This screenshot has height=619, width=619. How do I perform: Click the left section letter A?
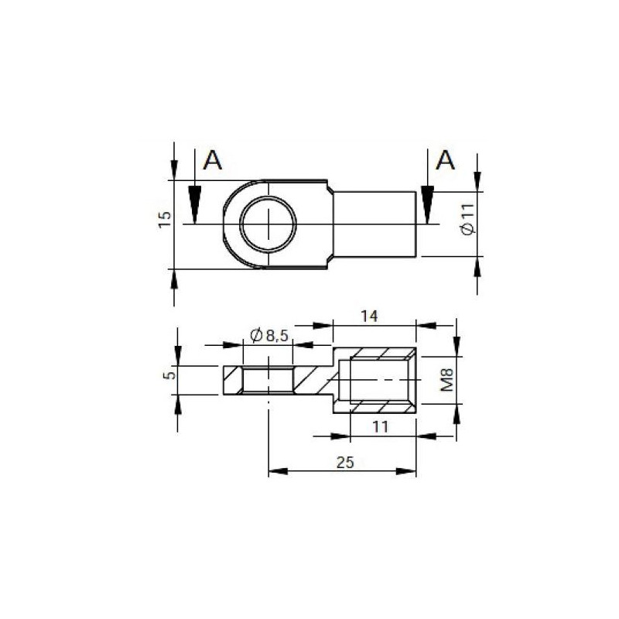[213, 161]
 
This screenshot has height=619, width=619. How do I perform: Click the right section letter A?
[446, 161]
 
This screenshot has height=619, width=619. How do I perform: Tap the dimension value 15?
[164, 220]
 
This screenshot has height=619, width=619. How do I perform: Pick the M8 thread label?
[446, 379]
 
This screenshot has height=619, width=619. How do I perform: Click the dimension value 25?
[345, 462]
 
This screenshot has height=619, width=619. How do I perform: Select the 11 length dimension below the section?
[380, 426]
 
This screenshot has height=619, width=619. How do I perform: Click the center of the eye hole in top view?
[268, 224]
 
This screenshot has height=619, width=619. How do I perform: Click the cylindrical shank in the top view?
[375, 224]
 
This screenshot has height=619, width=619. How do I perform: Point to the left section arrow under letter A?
[193, 204]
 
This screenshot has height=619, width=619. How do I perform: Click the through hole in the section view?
[268, 380]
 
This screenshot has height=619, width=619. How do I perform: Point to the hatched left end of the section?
[231, 380]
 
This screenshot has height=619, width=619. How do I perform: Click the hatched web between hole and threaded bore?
[313, 380]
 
